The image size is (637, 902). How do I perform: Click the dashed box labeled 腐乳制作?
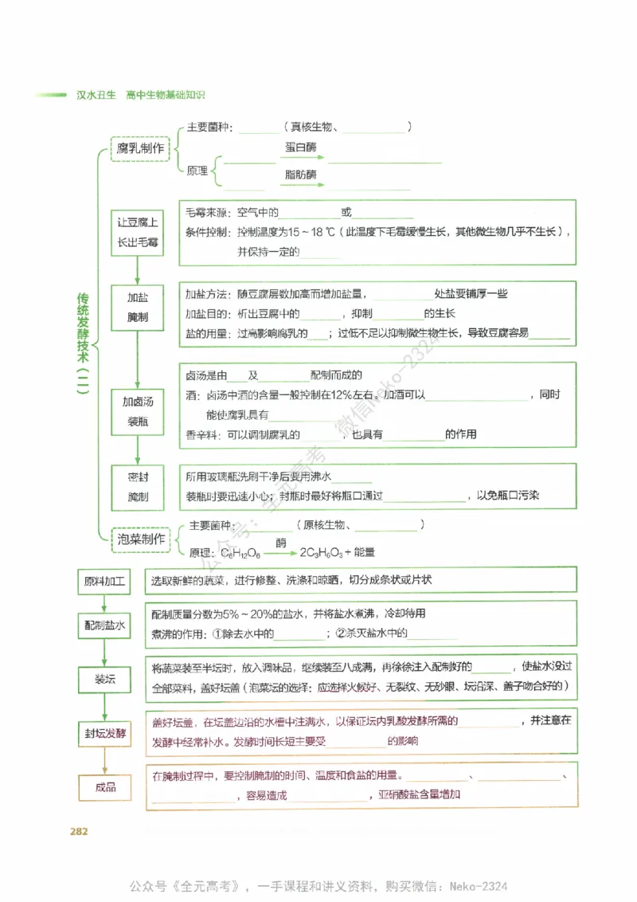point(141,149)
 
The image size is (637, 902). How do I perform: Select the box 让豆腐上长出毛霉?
point(138,233)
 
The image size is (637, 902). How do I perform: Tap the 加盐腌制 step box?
point(138,307)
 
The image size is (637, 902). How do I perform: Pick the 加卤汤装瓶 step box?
point(138,411)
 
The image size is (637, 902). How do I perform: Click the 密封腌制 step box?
point(138,488)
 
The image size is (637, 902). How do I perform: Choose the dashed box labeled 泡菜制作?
point(141,539)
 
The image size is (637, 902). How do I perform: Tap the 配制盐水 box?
point(104,626)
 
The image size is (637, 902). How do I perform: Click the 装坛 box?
point(104,680)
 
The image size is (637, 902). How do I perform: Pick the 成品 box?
point(104,787)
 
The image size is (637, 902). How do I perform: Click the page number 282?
point(78,832)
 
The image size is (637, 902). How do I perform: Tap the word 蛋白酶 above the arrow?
point(300,147)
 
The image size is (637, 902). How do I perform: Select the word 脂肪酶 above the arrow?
point(300,175)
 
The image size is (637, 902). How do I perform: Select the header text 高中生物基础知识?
point(165,95)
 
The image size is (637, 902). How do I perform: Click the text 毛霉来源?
point(205,214)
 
